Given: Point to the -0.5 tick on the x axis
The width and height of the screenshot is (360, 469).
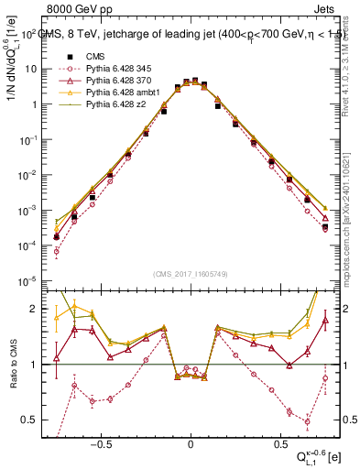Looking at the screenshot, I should [x=102, y=439].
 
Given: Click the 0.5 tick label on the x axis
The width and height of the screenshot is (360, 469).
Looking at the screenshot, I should [x=278, y=439].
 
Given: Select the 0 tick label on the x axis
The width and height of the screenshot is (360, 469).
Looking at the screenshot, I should [x=191, y=439].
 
